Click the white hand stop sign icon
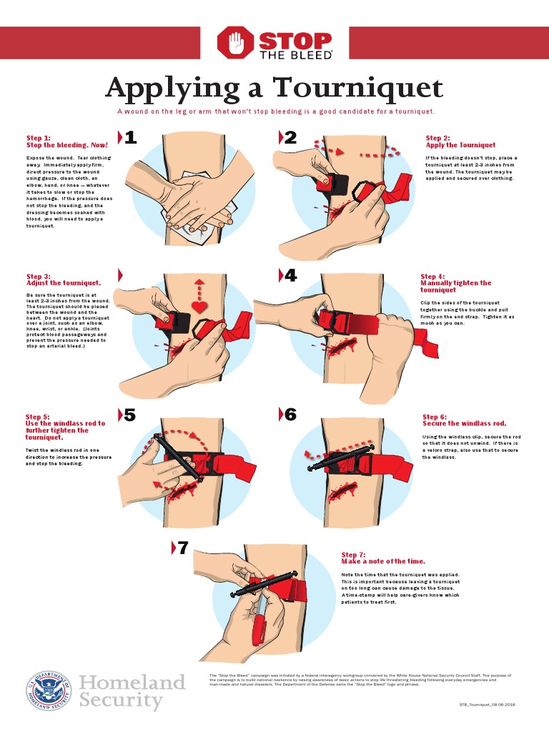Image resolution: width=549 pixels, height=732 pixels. (235, 43)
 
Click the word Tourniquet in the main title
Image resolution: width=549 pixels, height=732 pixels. (358, 89)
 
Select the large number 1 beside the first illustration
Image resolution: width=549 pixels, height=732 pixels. (130, 138)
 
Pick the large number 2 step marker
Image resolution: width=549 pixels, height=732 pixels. (290, 138)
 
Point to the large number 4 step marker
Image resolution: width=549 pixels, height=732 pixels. (290, 276)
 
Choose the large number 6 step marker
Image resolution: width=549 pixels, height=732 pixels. (290, 415)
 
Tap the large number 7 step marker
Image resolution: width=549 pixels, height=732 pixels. (183, 548)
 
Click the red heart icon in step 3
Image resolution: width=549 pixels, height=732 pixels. (199, 307)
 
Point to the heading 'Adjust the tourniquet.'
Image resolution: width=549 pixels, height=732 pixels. (64, 283)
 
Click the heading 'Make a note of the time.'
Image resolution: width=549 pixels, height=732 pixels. (383, 561)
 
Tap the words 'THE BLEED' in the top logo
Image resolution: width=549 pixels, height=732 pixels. (295, 54)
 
